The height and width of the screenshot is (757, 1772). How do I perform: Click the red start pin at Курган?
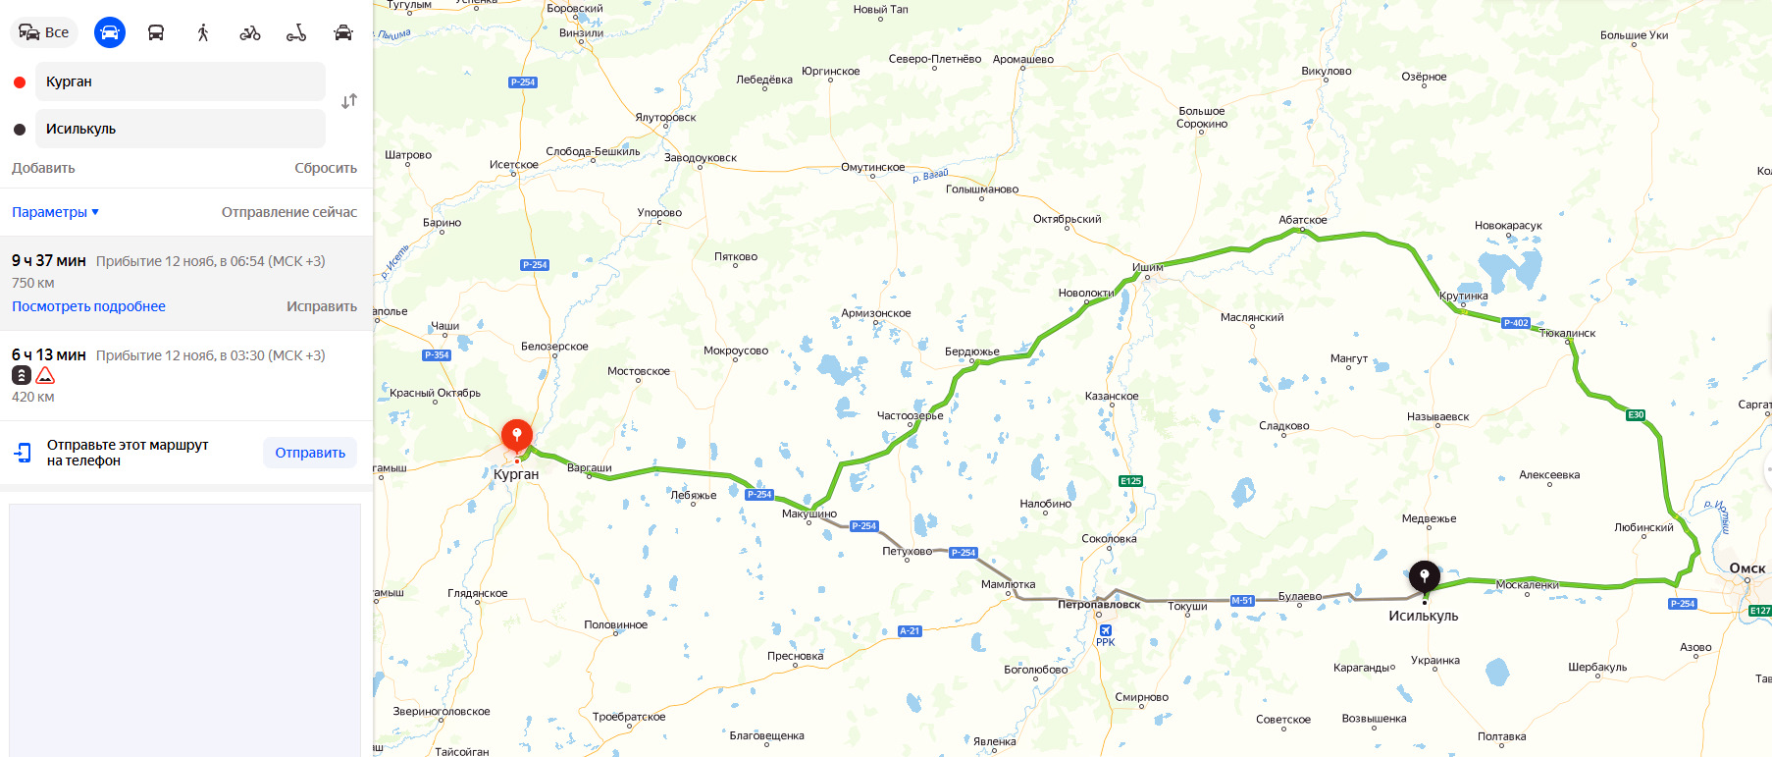pyautogui.click(x=517, y=434)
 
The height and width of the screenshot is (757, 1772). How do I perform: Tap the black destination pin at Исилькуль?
pyautogui.click(x=1424, y=575)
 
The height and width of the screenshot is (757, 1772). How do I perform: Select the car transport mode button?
pyautogui.click(x=110, y=32)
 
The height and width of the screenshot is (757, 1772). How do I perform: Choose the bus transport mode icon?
pyautogui.click(x=156, y=32)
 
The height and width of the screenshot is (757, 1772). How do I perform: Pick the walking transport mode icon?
pyautogui.click(x=203, y=32)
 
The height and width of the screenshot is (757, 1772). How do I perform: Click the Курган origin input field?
pyautogui.click(x=181, y=81)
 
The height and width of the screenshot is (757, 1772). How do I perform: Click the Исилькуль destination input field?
pyautogui.click(x=181, y=129)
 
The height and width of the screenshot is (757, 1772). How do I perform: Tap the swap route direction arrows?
pyautogui.click(x=349, y=101)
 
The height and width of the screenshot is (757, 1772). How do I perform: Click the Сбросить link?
pyautogui.click(x=326, y=168)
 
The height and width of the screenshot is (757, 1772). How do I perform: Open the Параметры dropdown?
pyautogui.click(x=55, y=212)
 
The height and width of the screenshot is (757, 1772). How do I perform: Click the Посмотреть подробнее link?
pyautogui.click(x=88, y=306)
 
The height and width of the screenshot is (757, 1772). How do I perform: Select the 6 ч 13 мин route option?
pyautogui.click(x=49, y=355)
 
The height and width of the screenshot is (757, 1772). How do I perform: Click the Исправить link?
pyautogui.click(x=322, y=306)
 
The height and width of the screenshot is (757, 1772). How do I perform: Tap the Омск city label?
pyautogui.click(x=1746, y=568)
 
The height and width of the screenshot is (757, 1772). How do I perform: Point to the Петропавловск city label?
pyautogui.click(x=1099, y=605)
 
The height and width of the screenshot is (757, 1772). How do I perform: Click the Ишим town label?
pyautogui.click(x=1148, y=267)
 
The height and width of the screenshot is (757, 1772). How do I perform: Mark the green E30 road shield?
pyautogui.click(x=1636, y=415)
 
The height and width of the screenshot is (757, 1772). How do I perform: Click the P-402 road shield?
pyautogui.click(x=1516, y=323)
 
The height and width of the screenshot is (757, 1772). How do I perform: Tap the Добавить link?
pyautogui.click(x=43, y=168)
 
